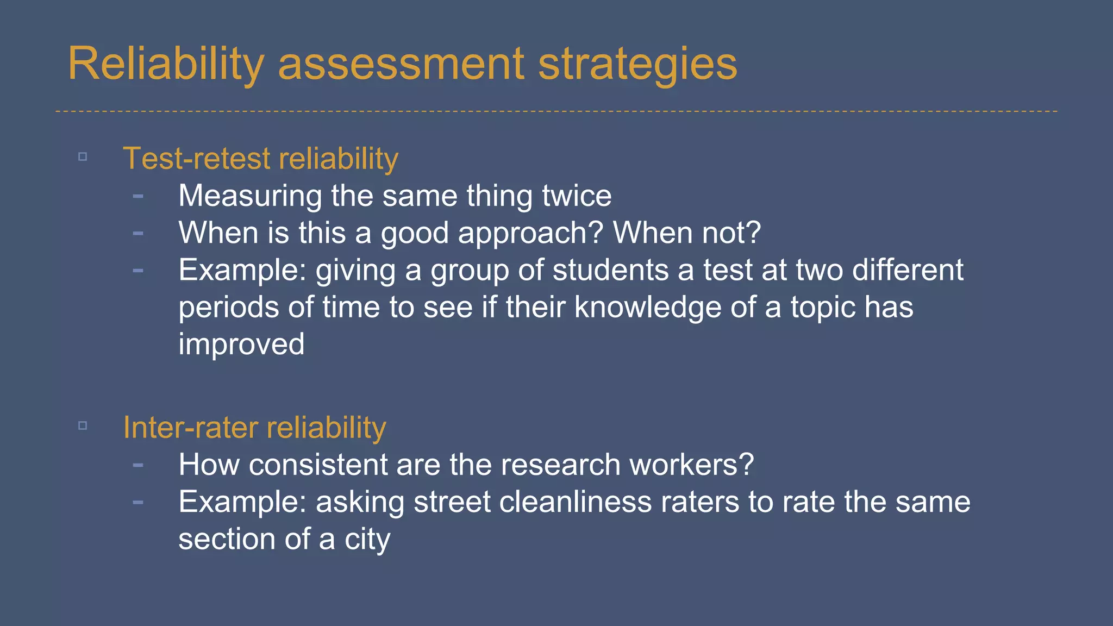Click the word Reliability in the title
click(166, 64)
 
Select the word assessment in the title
click(401, 64)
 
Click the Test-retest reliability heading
click(260, 159)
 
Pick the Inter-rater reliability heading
click(254, 428)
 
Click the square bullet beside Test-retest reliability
click(83, 157)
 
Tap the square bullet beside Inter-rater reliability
click(83, 425)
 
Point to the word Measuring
click(250, 196)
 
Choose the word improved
click(241, 344)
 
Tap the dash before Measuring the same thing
click(138, 196)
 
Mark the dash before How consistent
click(138, 465)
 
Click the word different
click(908, 270)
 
